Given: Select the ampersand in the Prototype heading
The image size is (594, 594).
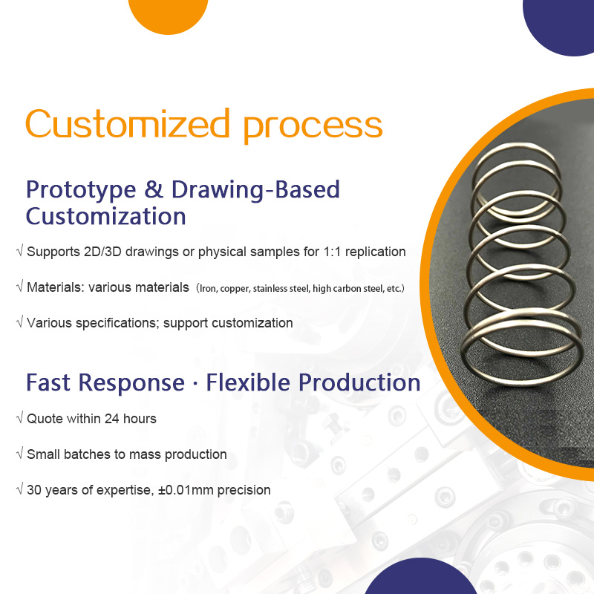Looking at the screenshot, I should pos(152,189).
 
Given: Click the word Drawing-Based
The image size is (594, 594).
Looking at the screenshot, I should pos(255,189).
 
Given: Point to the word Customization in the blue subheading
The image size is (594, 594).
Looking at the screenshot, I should pos(105,217).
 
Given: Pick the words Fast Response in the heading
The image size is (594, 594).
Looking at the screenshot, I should pos(105,383).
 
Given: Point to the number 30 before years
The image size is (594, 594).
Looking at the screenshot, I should pos(34,490).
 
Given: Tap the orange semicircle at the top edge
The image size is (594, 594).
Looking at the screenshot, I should pos(168,15).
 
